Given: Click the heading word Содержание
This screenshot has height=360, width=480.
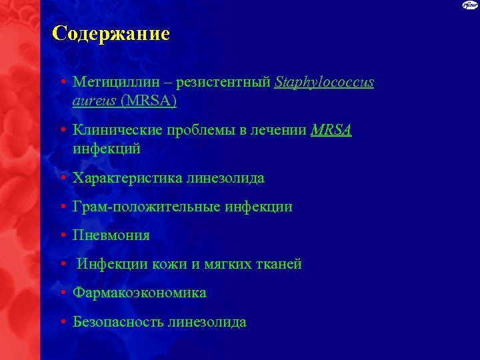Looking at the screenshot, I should [111, 34].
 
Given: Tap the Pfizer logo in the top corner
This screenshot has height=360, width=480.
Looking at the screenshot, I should [470, 6].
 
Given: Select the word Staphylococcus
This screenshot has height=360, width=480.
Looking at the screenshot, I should [325, 83].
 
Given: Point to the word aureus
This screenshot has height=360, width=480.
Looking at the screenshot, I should [93, 101].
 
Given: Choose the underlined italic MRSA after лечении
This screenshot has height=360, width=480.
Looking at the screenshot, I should [331, 131].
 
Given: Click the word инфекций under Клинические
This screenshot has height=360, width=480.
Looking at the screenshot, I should [107, 149].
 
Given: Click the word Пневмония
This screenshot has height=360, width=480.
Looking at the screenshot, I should [111, 235].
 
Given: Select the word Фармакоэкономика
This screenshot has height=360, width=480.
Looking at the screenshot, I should [139, 293].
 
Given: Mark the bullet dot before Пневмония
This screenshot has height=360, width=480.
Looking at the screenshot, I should [61, 235].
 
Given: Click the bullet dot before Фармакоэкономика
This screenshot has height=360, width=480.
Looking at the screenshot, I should [61, 293].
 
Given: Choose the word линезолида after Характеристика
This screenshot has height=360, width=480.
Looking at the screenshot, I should [225, 178].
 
